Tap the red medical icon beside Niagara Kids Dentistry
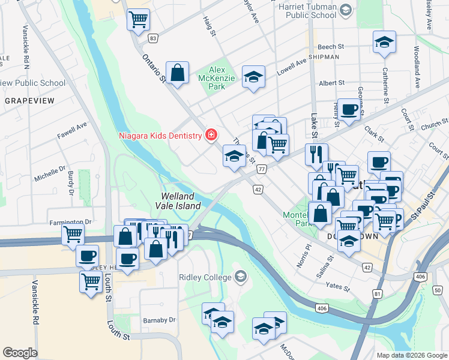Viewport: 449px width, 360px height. point(211,135)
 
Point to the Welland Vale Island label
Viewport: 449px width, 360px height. point(178,201)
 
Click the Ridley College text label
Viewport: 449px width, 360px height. point(204,277)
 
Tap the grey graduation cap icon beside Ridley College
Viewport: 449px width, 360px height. point(241,277)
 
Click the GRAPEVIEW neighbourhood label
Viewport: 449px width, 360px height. point(29,101)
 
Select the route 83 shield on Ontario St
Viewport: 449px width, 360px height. point(154,38)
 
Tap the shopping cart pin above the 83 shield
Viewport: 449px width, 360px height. point(138,19)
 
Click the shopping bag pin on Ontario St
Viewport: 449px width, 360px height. point(178,73)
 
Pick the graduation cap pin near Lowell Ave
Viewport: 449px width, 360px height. point(253,77)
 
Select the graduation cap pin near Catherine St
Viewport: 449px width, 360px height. point(384,42)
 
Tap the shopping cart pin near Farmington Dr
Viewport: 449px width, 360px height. point(73,233)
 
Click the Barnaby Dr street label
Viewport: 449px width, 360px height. point(159,320)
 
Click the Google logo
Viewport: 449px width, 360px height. point(20,352)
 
